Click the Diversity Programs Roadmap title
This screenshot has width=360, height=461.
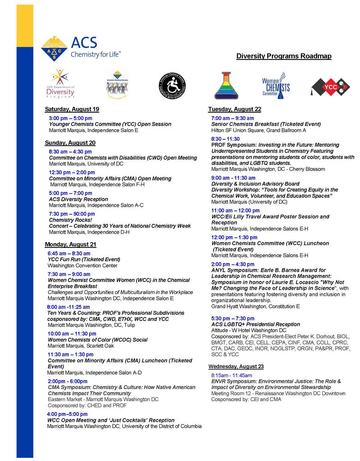click(283, 56)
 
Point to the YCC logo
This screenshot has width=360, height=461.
click(330, 86)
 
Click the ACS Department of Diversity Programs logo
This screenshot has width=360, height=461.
click(60, 84)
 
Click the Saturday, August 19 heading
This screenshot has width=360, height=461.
click(72, 109)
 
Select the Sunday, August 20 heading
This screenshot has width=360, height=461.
click(70, 143)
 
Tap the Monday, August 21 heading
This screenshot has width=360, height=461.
click(71, 245)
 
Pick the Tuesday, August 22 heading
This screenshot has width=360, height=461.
click(234, 109)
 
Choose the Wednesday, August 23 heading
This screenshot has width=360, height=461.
click(236, 366)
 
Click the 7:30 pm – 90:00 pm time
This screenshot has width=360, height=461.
click(72, 214)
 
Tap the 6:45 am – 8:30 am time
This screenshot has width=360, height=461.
click(69, 253)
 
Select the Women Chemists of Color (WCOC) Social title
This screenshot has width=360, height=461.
click(97, 340)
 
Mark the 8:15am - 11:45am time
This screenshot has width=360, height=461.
click(232, 376)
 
